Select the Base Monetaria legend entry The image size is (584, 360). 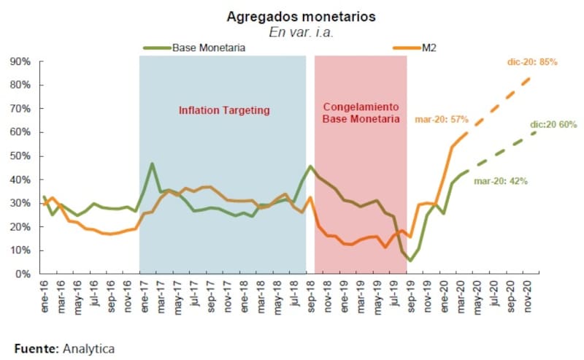(208, 47)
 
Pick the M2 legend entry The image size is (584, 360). (429, 47)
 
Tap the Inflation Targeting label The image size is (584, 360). (224, 110)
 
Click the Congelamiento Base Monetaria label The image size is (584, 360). (361, 110)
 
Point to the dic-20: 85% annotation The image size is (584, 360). (532, 63)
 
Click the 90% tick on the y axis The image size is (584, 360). (19, 61)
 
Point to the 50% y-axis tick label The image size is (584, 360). (19, 156)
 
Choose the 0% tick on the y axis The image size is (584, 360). (22, 274)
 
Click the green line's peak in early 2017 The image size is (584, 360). (152, 164)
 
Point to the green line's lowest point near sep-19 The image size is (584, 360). (411, 261)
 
